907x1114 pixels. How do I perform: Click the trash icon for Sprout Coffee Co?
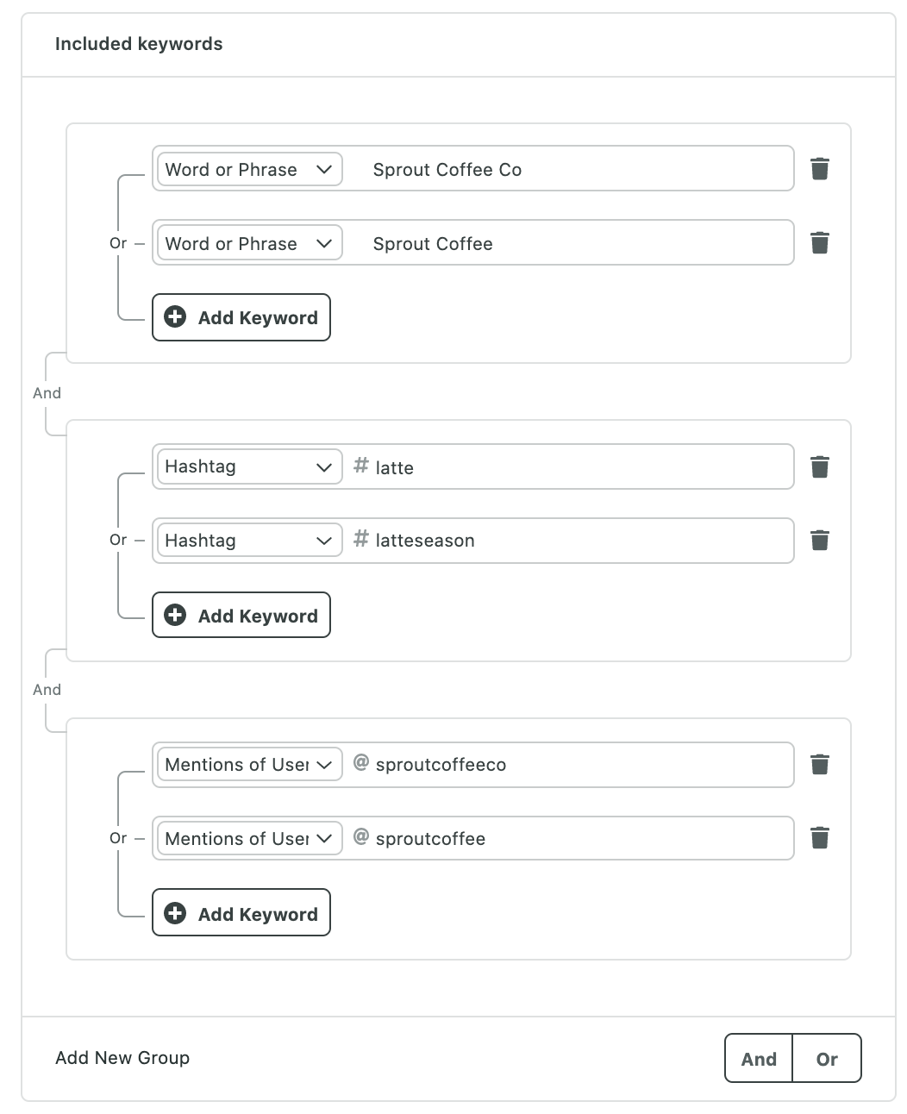coord(819,168)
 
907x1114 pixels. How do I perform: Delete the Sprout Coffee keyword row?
coord(819,242)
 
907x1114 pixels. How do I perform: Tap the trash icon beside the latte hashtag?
coord(819,466)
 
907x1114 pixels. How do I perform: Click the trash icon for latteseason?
coord(819,541)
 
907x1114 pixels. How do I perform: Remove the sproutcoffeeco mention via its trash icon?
coord(819,764)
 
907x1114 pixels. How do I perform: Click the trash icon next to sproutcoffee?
coord(819,838)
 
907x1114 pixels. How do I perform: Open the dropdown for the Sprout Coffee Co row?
coord(250,169)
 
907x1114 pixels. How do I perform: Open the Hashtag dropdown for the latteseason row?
coord(250,540)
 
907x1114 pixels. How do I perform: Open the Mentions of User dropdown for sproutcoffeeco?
coord(250,764)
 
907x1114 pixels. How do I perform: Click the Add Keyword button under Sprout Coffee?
coord(241,317)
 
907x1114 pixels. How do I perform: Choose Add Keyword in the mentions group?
coord(241,912)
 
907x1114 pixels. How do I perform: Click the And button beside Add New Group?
coord(759,1058)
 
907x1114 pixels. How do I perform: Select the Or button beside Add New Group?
coord(827,1058)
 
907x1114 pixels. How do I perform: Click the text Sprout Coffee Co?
coord(447,170)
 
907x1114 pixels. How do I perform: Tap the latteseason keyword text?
coord(425,541)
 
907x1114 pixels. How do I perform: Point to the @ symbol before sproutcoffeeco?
coord(360,762)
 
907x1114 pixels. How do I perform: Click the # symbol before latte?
coord(360,465)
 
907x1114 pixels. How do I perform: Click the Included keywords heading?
coord(139,44)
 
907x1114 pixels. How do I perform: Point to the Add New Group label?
coord(122,1057)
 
